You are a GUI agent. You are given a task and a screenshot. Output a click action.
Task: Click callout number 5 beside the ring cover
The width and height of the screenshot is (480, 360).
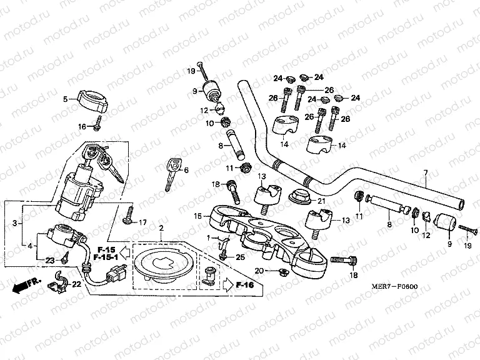click(x=64, y=99)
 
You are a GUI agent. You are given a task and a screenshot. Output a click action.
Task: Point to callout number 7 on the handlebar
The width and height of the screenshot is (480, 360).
click(x=425, y=172)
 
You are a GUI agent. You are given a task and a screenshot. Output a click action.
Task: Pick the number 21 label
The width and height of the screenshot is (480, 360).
click(x=322, y=201)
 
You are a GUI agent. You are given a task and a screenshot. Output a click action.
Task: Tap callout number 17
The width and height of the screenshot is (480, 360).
click(x=142, y=222)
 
